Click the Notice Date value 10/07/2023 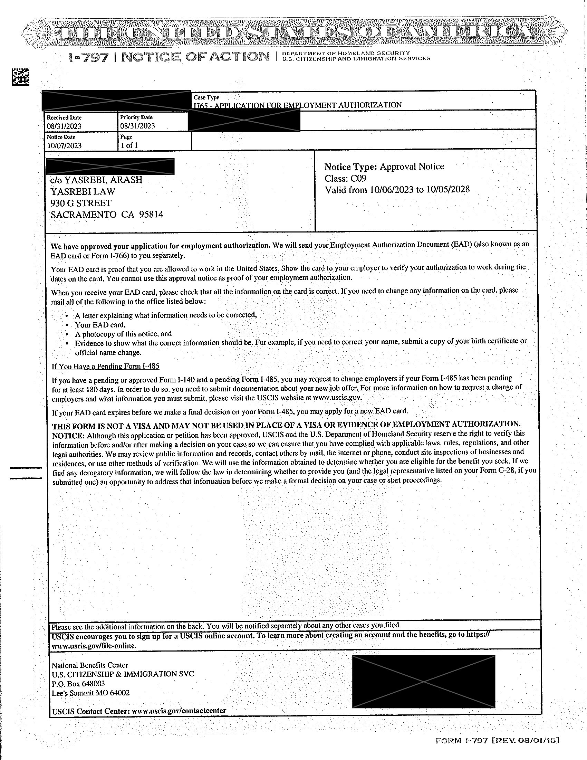(64, 145)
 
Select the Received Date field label (64, 117)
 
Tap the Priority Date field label (136, 117)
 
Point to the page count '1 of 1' (129, 145)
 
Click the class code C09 (358, 179)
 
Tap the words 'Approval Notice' (412, 167)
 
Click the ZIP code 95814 (151, 215)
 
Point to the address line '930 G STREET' (81, 203)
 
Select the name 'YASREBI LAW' (83, 191)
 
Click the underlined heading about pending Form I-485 (105, 366)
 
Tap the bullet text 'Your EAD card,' (100, 325)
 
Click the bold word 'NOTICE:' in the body (68, 436)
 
